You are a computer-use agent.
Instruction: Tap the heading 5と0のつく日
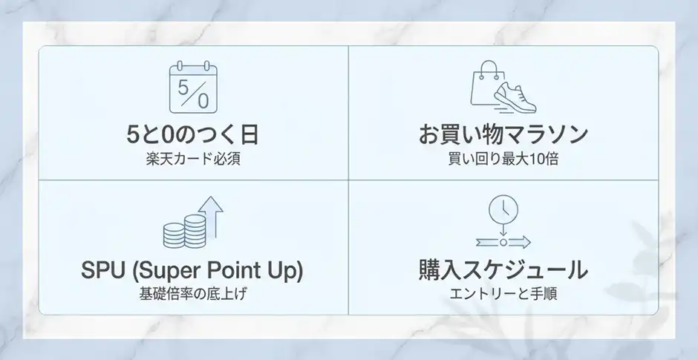193,136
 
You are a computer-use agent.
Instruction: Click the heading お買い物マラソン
503,136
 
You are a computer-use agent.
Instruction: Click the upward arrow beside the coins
212,216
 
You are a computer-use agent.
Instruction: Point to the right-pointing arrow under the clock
516,242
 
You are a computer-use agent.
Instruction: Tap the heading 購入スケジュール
503,269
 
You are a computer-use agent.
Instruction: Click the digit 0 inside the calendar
203,96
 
